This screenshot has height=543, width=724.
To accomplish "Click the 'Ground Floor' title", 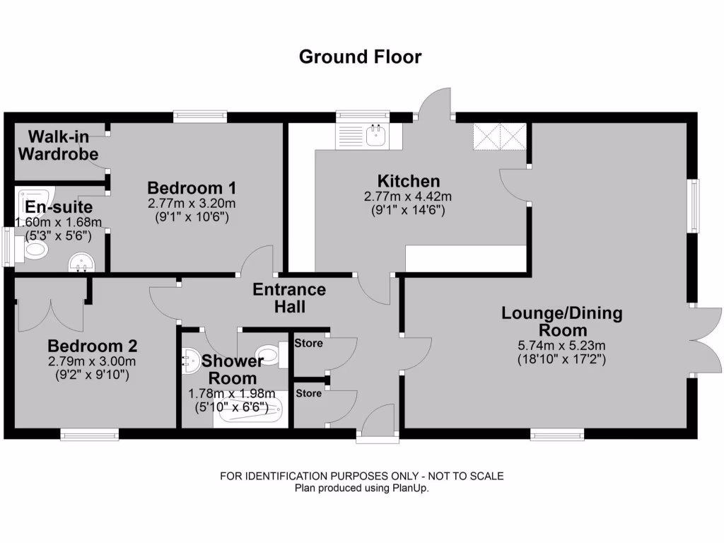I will pyautogui.click(x=360, y=57).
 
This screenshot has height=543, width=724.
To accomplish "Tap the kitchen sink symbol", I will pyautogui.click(x=375, y=134).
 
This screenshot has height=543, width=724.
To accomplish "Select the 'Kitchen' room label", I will pyautogui.click(x=408, y=181).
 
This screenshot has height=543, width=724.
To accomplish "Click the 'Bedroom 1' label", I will pyautogui.click(x=191, y=188).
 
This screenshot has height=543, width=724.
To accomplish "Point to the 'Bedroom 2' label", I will pyautogui.click(x=92, y=346).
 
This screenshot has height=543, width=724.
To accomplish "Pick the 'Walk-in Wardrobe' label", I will pyautogui.click(x=58, y=144).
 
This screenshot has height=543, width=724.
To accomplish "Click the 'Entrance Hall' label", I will pyautogui.click(x=289, y=298).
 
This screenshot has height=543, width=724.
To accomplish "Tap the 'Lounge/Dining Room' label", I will pyautogui.click(x=562, y=321).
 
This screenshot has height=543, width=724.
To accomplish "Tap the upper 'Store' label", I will pyautogui.click(x=309, y=344).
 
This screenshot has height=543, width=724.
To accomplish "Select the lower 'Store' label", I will pyautogui.click(x=309, y=393).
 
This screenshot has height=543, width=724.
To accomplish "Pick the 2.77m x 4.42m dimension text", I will pyautogui.click(x=408, y=197).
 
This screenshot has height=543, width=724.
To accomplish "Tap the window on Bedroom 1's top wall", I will pyautogui.click(x=200, y=117).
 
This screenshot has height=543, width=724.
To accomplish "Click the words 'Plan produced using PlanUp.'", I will pyautogui.click(x=361, y=488).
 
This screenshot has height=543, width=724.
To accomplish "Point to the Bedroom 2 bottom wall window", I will pyautogui.click(x=89, y=434).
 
